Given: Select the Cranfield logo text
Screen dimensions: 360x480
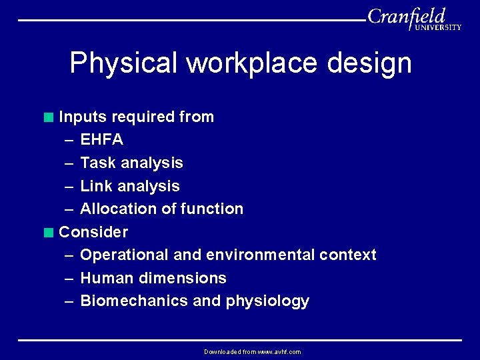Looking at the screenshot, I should pyautogui.click(x=406, y=16).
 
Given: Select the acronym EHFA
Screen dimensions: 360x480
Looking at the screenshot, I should pyautogui.click(x=101, y=140).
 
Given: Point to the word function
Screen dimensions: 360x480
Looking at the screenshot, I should pyautogui.click(x=212, y=209).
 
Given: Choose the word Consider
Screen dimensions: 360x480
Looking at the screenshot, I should pyautogui.click(x=93, y=232).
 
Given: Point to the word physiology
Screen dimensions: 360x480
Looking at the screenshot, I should pyautogui.click(x=267, y=301).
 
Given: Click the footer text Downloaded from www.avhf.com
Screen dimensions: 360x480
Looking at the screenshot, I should pyautogui.click(x=252, y=352).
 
